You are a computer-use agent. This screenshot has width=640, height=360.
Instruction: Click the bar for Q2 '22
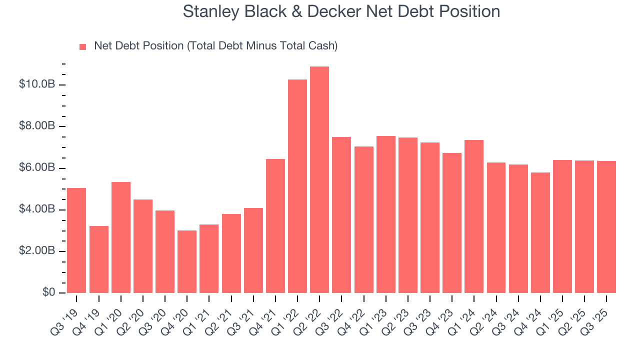[319, 180]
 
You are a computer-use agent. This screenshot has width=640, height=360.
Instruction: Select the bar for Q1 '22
[297, 186]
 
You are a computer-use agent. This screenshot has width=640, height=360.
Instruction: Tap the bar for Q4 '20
[187, 261]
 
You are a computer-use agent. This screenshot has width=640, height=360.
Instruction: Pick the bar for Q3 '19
[76, 240]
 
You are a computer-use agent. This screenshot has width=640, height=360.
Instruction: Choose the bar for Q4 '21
[275, 226]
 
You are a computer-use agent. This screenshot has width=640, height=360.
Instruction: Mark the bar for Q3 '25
[606, 227]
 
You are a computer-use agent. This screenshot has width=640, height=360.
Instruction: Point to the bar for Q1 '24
[474, 216]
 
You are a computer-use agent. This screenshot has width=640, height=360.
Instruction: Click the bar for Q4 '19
[99, 259]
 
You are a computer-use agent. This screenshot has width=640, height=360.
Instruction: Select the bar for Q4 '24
[540, 232]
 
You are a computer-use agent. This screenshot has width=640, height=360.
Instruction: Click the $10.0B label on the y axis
[36, 84]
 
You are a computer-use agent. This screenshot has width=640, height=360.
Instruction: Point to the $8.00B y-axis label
[36, 126]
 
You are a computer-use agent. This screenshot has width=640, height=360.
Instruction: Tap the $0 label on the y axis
[48, 292]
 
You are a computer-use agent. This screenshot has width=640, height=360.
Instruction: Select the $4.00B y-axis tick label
[36, 209]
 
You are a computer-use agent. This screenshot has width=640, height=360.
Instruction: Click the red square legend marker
[83, 47]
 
